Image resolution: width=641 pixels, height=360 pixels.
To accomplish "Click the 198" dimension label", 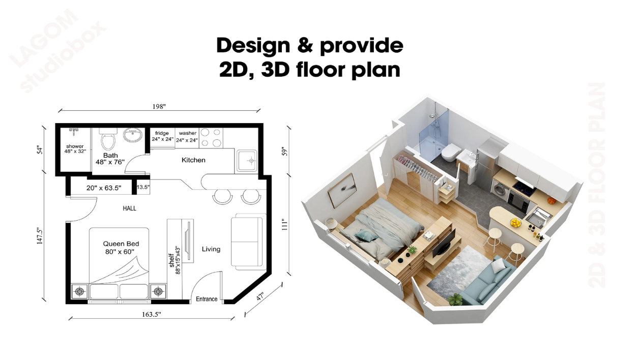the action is click(159, 107).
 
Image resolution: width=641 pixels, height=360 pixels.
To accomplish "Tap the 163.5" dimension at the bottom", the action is click(152, 315).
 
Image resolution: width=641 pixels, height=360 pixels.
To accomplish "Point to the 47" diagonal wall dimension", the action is click(260, 296).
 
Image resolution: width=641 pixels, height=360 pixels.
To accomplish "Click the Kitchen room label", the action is click(193, 160).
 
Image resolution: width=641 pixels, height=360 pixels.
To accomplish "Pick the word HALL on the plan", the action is click(130, 208).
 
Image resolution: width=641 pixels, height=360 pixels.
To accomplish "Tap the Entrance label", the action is click(207, 299).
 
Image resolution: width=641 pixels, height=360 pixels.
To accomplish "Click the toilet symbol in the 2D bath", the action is click(108, 139).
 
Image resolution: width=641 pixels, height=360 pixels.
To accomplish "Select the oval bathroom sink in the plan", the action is click(133, 135).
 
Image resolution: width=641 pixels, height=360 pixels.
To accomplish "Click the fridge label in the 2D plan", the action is click(162, 133).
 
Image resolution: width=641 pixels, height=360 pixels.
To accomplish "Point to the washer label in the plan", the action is click(188, 133).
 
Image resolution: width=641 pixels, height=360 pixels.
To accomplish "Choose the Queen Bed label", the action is click(121, 244).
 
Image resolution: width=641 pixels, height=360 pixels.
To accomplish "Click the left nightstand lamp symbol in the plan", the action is click(79, 292).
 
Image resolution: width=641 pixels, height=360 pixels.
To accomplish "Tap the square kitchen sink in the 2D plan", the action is click(246, 160).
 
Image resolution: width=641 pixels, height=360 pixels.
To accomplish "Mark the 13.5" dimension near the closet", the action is click(143, 187).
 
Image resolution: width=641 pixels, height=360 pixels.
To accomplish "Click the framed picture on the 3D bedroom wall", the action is click(341, 190).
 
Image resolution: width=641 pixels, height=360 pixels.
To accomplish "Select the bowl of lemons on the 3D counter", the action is click(516, 223).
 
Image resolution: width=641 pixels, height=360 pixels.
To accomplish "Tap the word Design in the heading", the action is click(253, 46).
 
